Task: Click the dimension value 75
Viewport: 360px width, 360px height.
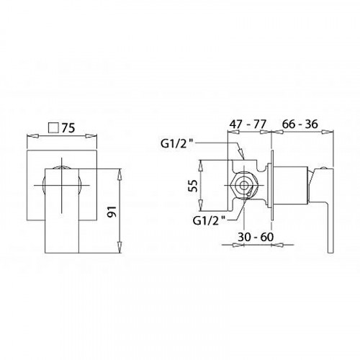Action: point(68,128)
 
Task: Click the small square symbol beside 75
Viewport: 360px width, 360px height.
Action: point(53,127)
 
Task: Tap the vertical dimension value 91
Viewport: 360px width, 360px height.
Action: point(112,211)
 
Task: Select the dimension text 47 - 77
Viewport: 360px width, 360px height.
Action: point(248,125)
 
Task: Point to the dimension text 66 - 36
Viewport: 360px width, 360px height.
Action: point(300,124)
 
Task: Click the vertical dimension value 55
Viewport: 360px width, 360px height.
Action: point(193,185)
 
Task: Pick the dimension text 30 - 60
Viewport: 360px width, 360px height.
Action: point(256,237)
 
